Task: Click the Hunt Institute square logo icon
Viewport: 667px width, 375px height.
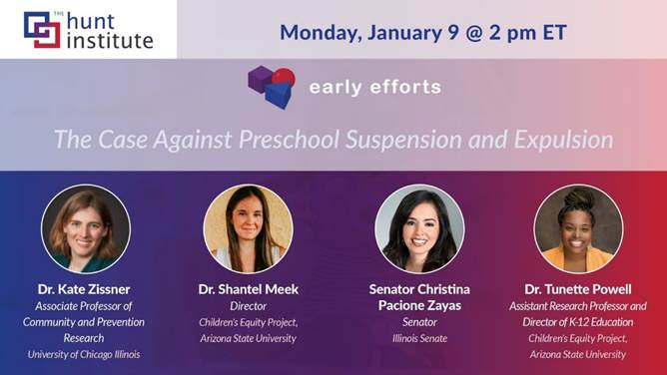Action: (42, 29)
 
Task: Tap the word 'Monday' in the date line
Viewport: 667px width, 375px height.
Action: (321, 33)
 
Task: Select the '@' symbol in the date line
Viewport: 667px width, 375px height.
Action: (474, 33)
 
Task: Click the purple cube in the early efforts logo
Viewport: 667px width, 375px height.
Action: (260, 79)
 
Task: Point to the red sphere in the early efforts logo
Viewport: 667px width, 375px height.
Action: (285, 77)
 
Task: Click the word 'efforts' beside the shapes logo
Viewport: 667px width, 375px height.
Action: (405, 87)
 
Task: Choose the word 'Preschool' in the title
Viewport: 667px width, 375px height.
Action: (290, 140)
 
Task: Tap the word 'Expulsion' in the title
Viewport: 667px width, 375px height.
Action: (563, 140)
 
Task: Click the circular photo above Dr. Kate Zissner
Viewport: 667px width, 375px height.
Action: (86, 229)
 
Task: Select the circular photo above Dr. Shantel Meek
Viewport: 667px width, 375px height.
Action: (248, 229)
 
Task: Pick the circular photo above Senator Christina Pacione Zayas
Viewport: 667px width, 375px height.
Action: (419, 229)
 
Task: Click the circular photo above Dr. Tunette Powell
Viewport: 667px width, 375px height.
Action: (578, 229)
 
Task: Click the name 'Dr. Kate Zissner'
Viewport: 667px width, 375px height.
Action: (84, 289)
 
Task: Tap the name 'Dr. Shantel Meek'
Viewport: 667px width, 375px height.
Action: (249, 289)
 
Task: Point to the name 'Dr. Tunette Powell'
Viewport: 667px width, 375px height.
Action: (578, 289)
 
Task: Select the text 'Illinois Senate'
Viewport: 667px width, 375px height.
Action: (419, 338)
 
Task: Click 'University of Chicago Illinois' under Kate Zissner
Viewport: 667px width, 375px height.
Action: (84, 354)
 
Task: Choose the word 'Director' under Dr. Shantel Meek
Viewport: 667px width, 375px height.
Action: (249, 306)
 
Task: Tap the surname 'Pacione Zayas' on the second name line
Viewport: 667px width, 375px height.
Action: (419, 305)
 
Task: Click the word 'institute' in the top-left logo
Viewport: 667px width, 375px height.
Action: (110, 40)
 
